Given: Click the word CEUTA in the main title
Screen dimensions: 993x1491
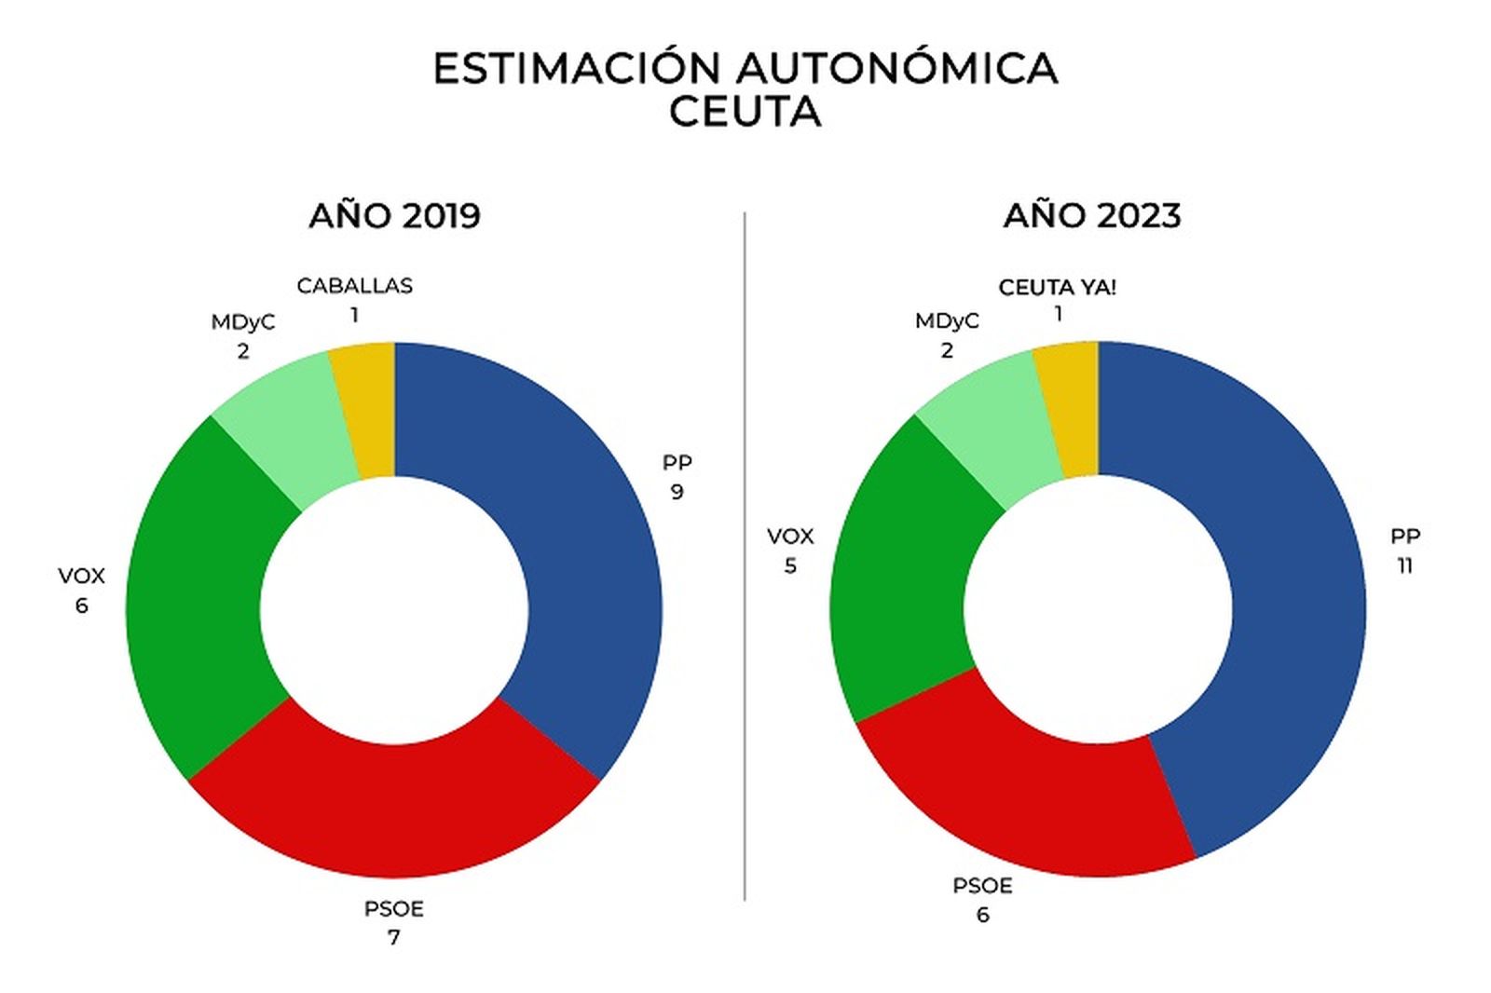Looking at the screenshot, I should coord(745,113).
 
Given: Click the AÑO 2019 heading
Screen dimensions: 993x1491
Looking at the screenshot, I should coord(394,215).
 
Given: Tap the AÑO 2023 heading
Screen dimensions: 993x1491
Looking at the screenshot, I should coord(1092,215).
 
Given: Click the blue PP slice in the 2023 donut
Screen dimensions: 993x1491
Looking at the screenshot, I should coord(1295,605).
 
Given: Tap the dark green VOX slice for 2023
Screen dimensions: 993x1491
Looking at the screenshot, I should coord(899,578).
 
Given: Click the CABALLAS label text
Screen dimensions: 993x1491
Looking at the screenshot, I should coord(354,286).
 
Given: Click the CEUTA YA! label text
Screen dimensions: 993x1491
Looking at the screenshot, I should coord(1057,287).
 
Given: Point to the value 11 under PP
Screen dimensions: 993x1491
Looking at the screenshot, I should coord(1404,565).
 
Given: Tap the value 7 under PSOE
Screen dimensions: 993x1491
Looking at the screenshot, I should coord(393,937).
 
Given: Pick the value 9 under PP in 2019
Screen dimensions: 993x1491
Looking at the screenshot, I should coord(677,492).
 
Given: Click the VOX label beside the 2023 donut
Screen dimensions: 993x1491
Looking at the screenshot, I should coord(790,537).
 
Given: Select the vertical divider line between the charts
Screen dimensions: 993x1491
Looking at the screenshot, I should coord(745,559).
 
